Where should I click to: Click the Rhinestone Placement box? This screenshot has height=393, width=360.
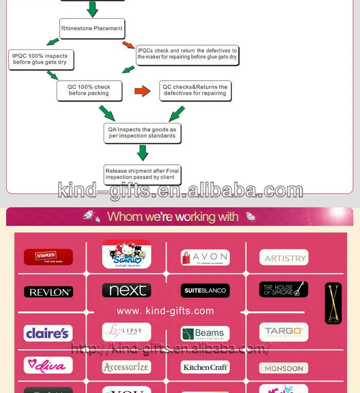click(92, 28)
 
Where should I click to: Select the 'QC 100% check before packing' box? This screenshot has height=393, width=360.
click(89, 91)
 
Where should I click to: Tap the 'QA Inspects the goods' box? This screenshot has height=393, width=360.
click(142, 133)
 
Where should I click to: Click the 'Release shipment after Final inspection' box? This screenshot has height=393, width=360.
click(142, 174)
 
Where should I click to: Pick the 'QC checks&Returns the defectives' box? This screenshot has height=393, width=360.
click(195, 91)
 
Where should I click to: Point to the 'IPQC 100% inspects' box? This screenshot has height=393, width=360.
click(40, 59)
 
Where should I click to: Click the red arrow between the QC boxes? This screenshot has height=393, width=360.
click(142, 91)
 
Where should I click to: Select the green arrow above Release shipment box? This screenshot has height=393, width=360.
click(142, 153)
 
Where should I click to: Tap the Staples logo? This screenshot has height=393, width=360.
click(48, 257)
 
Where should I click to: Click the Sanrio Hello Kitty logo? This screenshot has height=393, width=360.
click(127, 254)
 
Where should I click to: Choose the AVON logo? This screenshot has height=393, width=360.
click(205, 257)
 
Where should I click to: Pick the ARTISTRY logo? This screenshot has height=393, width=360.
click(283, 258)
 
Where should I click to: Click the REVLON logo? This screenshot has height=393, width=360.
click(48, 292)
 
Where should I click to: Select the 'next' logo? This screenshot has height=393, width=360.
click(127, 290)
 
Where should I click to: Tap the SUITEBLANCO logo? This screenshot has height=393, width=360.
click(205, 291)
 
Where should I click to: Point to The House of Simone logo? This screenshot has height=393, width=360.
click(283, 289)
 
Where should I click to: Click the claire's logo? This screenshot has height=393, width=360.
click(48, 333)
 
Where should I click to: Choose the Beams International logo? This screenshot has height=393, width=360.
click(205, 333)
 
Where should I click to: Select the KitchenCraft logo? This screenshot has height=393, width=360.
click(205, 367)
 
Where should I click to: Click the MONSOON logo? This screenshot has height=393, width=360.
click(283, 368)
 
